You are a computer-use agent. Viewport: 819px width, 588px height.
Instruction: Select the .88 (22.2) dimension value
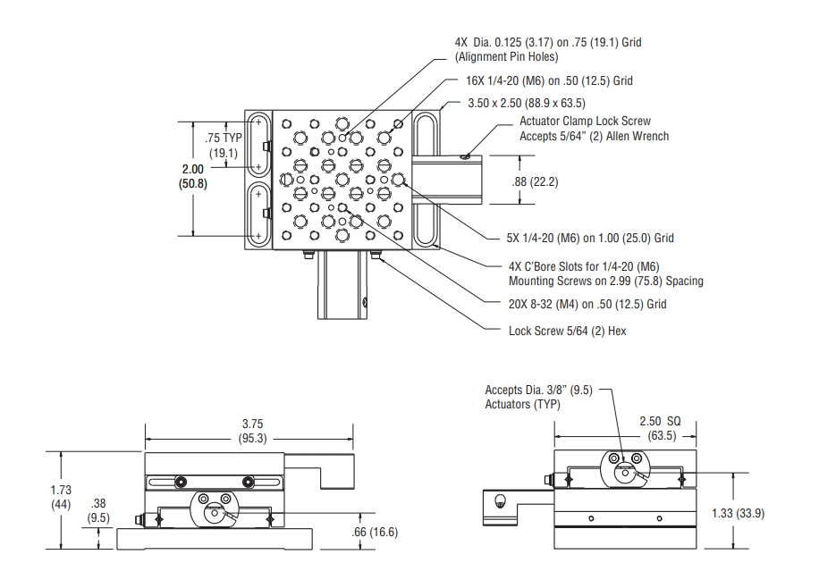point(535,182)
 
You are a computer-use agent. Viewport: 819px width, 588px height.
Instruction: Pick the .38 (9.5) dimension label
point(98,510)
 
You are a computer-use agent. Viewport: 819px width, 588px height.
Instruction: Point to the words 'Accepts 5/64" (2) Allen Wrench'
point(595,136)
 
